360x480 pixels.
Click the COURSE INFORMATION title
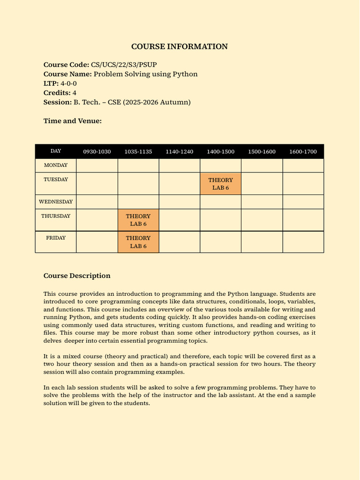pyautogui.click(x=180, y=46)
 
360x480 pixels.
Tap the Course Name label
pyautogui.click(x=67, y=74)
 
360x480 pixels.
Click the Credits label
pyautogui.click(x=57, y=93)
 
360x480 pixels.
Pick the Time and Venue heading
pyautogui.click(x=73, y=121)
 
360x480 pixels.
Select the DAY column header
pyautogui.click(x=56, y=151)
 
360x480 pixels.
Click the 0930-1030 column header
pyautogui.click(x=97, y=151)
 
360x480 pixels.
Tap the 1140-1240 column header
pyautogui.click(x=180, y=151)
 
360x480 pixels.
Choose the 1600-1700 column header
pyautogui.click(x=303, y=151)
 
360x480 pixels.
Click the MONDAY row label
pyautogui.click(x=56, y=165)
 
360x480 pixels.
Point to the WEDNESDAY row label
pyautogui.click(x=56, y=202)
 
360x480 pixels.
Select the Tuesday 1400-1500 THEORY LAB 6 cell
pyautogui.click(x=220, y=183)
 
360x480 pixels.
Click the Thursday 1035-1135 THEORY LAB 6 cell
pyautogui.click(x=138, y=220)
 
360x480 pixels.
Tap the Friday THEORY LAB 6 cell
pyautogui.click(x=138, y=242)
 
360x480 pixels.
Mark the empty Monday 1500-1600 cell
pyautogui.click(x=262, y=165)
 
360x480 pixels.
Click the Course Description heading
pyautogui.click(x=77, y=276)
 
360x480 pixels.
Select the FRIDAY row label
pyautogui.click(x=56, y=238)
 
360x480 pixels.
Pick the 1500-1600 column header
pyautogui.click(x=262, y=151)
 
